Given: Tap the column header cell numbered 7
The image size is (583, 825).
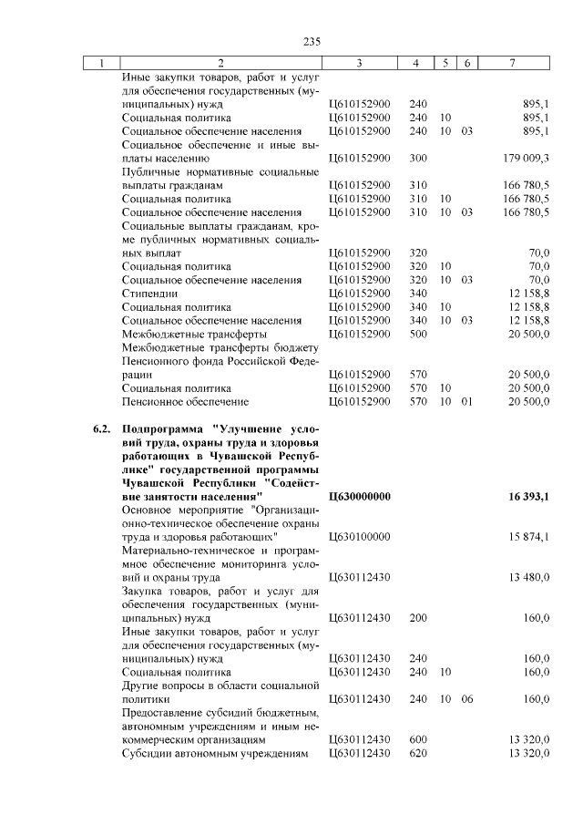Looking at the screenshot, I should point(517,63).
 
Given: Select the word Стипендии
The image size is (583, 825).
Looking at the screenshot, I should point(147,293).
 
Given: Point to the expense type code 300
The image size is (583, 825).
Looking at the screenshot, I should point(418,159).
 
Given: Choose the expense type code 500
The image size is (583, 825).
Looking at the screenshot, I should point(418,334).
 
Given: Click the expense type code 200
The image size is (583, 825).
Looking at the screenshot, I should point(418,617).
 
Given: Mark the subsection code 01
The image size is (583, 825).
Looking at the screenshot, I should point(466,401).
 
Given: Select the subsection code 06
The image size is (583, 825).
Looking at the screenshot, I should point(466,698).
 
